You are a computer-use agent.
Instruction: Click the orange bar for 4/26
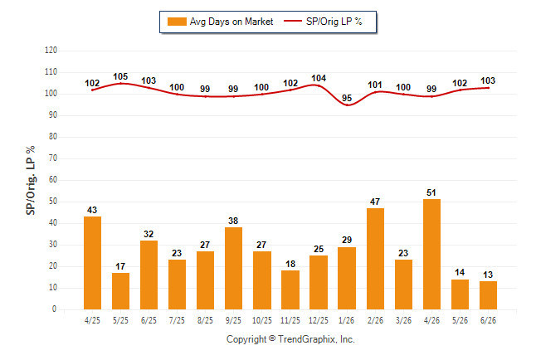click(431, 255)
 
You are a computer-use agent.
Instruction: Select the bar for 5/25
click(120, 291)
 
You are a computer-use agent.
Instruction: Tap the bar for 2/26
click(375, 259)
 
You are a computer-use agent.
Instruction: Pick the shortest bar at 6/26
click(488, 295)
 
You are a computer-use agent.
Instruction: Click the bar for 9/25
click(233, 269)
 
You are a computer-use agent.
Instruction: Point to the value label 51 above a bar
click(431, 192)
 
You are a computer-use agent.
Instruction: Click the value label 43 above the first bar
click(92, 210)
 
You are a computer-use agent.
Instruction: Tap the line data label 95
click(347, 98)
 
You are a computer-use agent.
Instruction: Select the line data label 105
click(120, 76)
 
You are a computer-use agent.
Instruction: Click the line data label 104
click(319, 78)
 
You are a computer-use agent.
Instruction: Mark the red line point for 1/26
click(347, 105)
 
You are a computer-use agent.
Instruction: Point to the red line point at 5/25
click(120, 84)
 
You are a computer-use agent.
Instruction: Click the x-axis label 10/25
click(262, 320)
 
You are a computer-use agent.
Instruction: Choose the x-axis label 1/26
click(347, 320)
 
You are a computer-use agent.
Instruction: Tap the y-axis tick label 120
click(51, 51)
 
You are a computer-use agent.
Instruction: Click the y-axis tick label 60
click(53, 180)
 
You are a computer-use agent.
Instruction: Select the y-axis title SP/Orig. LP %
click(31, 181)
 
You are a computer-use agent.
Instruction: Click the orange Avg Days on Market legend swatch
click(177, 22)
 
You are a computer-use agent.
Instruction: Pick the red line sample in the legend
click(293, 22)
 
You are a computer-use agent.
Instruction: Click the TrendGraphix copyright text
click(290, 339)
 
